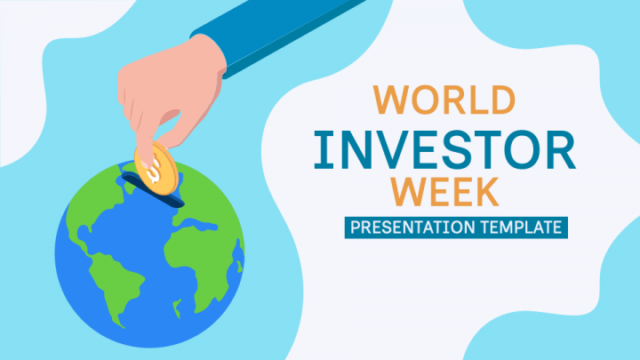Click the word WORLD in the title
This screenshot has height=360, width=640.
(444, 99)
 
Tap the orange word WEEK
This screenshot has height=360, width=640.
(444, 190)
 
